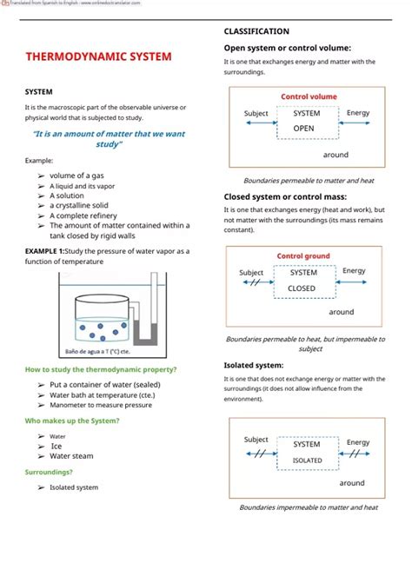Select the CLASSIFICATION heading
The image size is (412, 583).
[256, 31]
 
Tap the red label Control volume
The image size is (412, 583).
[309, 96]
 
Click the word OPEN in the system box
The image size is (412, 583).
[303, 128]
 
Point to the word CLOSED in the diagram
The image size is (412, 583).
[302, 288]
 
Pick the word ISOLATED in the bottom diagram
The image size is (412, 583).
[307, 460]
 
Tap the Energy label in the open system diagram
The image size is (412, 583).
[357, 113]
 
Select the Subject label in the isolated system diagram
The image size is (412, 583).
[256, 440]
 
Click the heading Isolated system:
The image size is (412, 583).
[253, 365]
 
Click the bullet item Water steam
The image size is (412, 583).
[71, 455]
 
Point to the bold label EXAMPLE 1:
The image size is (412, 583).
[44, 251]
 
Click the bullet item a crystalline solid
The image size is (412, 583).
[87, 205]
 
